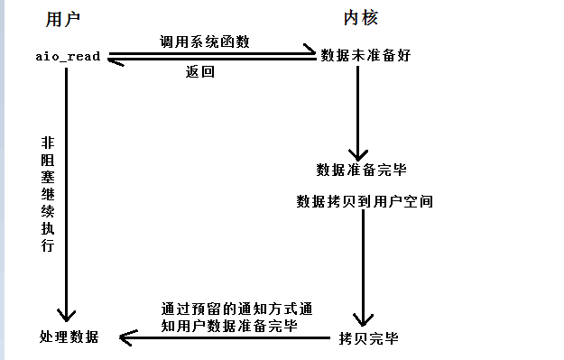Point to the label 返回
[199, 72]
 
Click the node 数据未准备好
[366, 55]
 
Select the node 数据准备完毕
[359, 169]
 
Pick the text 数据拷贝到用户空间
[365, 201]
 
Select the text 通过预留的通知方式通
[236, 308]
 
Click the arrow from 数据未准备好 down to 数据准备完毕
[361, 108]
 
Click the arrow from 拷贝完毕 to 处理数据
[226, 338]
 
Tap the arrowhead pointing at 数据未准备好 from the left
[310, 53]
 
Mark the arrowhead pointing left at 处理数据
[126, 338]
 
